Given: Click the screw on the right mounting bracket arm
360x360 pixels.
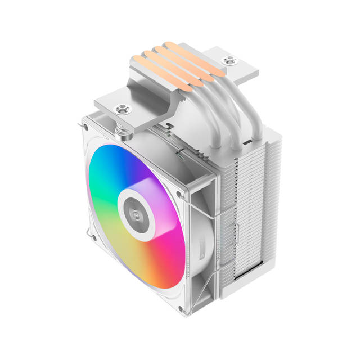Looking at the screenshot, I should (228, 60).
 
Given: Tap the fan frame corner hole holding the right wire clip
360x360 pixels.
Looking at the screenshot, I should (179, 193).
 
